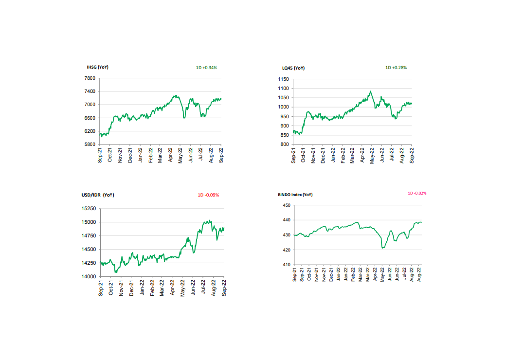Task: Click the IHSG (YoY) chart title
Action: (97, 67)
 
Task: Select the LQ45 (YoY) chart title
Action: (293, 68)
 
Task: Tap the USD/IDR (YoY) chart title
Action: (98, 195)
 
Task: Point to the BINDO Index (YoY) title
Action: (295, 195)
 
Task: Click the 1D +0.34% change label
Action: (207, 67)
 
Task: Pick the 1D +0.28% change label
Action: (396, 67)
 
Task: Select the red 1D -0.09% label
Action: (208, 195)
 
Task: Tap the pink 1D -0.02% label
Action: (417, 193)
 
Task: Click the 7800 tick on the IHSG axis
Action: (90, 78)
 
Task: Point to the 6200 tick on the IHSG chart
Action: (90, 131)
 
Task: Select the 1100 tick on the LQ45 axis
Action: (284, 89)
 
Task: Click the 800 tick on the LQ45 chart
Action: (286, 144)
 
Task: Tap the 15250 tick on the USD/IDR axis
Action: (88, 209)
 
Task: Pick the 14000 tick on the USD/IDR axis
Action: (88, 276)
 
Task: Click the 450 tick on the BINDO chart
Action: (287, 205)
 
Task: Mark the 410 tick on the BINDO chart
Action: (287, 265)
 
